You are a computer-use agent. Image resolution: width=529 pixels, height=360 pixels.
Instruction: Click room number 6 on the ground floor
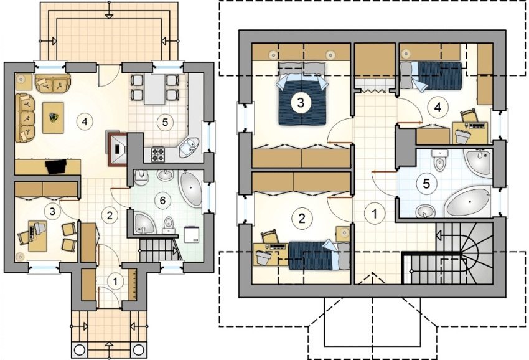(162, 201)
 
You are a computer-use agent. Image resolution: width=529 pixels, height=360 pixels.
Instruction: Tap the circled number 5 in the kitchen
(165, 122)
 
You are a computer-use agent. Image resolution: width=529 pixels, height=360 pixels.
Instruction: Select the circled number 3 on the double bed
(300, 102)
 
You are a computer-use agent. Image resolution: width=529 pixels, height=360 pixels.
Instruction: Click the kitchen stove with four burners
(157, 154)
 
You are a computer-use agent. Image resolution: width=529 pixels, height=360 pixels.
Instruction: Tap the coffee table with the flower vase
(53, 118)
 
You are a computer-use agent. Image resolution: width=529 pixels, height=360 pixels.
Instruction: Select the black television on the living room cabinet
(55, 166)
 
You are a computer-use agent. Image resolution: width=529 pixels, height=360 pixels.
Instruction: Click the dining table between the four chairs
(155, 89)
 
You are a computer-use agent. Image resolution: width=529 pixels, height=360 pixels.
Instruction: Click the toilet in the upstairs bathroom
(439, 160)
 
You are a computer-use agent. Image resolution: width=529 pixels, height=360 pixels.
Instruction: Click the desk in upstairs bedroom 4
(471, 133)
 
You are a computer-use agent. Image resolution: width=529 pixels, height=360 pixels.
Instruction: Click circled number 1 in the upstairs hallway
(374, 214)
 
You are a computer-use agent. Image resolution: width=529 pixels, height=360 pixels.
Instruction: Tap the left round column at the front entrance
(80, 350)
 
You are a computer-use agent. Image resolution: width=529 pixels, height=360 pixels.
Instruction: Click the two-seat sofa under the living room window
(53, 83)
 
